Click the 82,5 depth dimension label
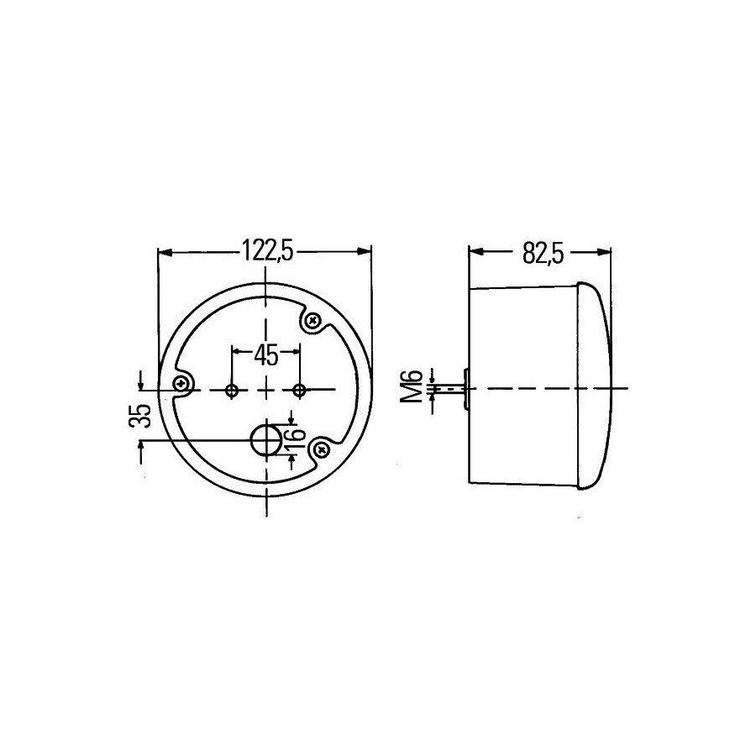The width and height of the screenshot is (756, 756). pyautogui.click(x=543, y=253)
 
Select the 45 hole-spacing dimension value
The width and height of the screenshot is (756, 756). pyautogui.click(x=266, y=356)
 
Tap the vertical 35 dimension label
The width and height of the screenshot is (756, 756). pyautogui.click(x=140, y=416)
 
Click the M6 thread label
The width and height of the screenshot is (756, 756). pyautogui.click(x=412, y=386)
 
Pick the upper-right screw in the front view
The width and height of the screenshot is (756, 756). pyautogui.click(x=314, y=320)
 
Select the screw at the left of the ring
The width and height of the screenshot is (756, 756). pyautogui.click(x=181, y=384)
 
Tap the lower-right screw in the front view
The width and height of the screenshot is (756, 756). pyautogui.click(x=320, y=451)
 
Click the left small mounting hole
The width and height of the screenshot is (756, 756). pyautogui.click(x=233, y=390)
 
